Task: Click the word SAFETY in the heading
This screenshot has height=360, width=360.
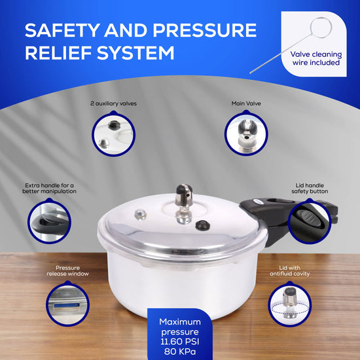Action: [62, 30]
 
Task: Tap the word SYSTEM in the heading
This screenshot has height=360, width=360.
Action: [135, 53]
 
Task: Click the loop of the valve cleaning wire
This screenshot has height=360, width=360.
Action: [321, 27]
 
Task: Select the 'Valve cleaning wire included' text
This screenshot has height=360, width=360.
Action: [316, 58]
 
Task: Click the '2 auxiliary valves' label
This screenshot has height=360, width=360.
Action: [113, 103]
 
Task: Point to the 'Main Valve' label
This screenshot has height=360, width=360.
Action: [246, 103]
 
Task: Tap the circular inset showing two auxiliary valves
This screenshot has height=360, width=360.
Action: [113, 134]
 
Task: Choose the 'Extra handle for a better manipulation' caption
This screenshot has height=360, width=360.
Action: [49, 189]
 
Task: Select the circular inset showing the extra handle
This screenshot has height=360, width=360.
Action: [49, 221]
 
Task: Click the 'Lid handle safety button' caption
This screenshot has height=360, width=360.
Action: [310, 189]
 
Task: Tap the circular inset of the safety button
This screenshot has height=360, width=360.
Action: [310, 221]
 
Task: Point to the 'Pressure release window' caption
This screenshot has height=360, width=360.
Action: [67, 271]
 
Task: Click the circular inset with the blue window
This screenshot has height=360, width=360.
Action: [67, 304]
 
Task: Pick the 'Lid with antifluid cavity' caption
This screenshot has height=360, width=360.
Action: [290, 271]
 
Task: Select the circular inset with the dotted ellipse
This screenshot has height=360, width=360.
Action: [290, 304]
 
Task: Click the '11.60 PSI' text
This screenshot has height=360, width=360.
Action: [180, 342]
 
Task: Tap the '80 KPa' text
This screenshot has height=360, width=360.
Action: [180, 351]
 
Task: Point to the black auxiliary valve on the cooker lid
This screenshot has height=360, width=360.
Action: [202, 225]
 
